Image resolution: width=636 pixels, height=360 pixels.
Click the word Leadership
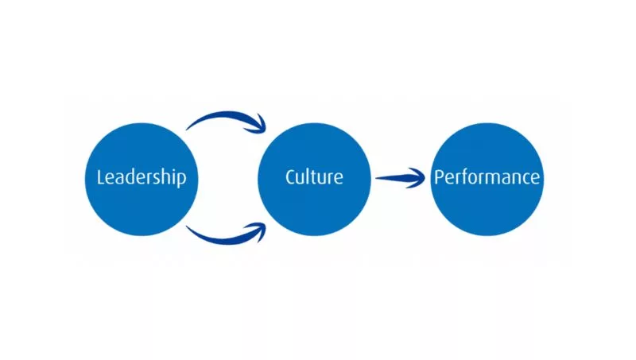[x=142, y=177]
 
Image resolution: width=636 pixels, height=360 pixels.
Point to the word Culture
[x=315, y=176]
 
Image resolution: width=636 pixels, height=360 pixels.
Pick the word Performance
[x=487, y=177]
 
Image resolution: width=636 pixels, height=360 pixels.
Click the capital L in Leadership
[x=101, y=176]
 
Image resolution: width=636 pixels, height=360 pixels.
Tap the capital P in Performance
[x=439, y=176]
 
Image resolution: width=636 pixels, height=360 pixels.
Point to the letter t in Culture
[x=316, y=176]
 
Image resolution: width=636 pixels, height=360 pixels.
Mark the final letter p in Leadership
[x=181, y=179]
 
